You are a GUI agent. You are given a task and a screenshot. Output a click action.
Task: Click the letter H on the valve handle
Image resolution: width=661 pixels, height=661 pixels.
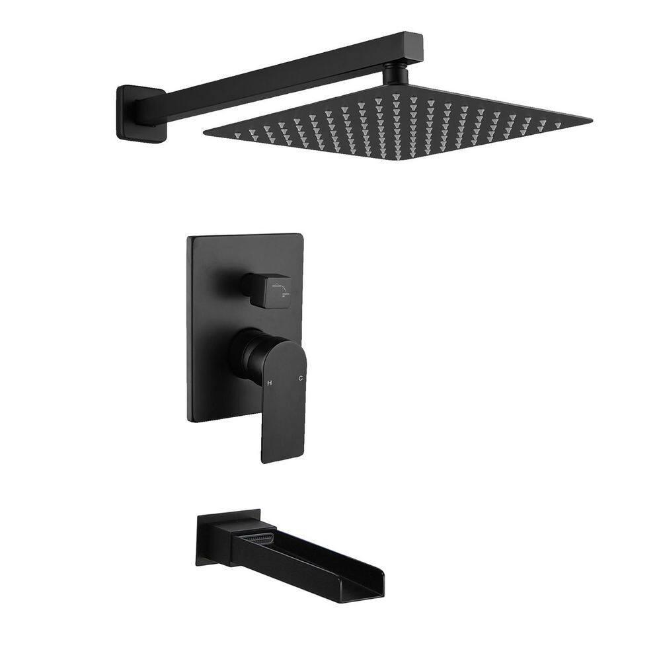270,382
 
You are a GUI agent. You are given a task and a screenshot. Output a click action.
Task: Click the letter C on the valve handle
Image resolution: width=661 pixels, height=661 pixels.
300,379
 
